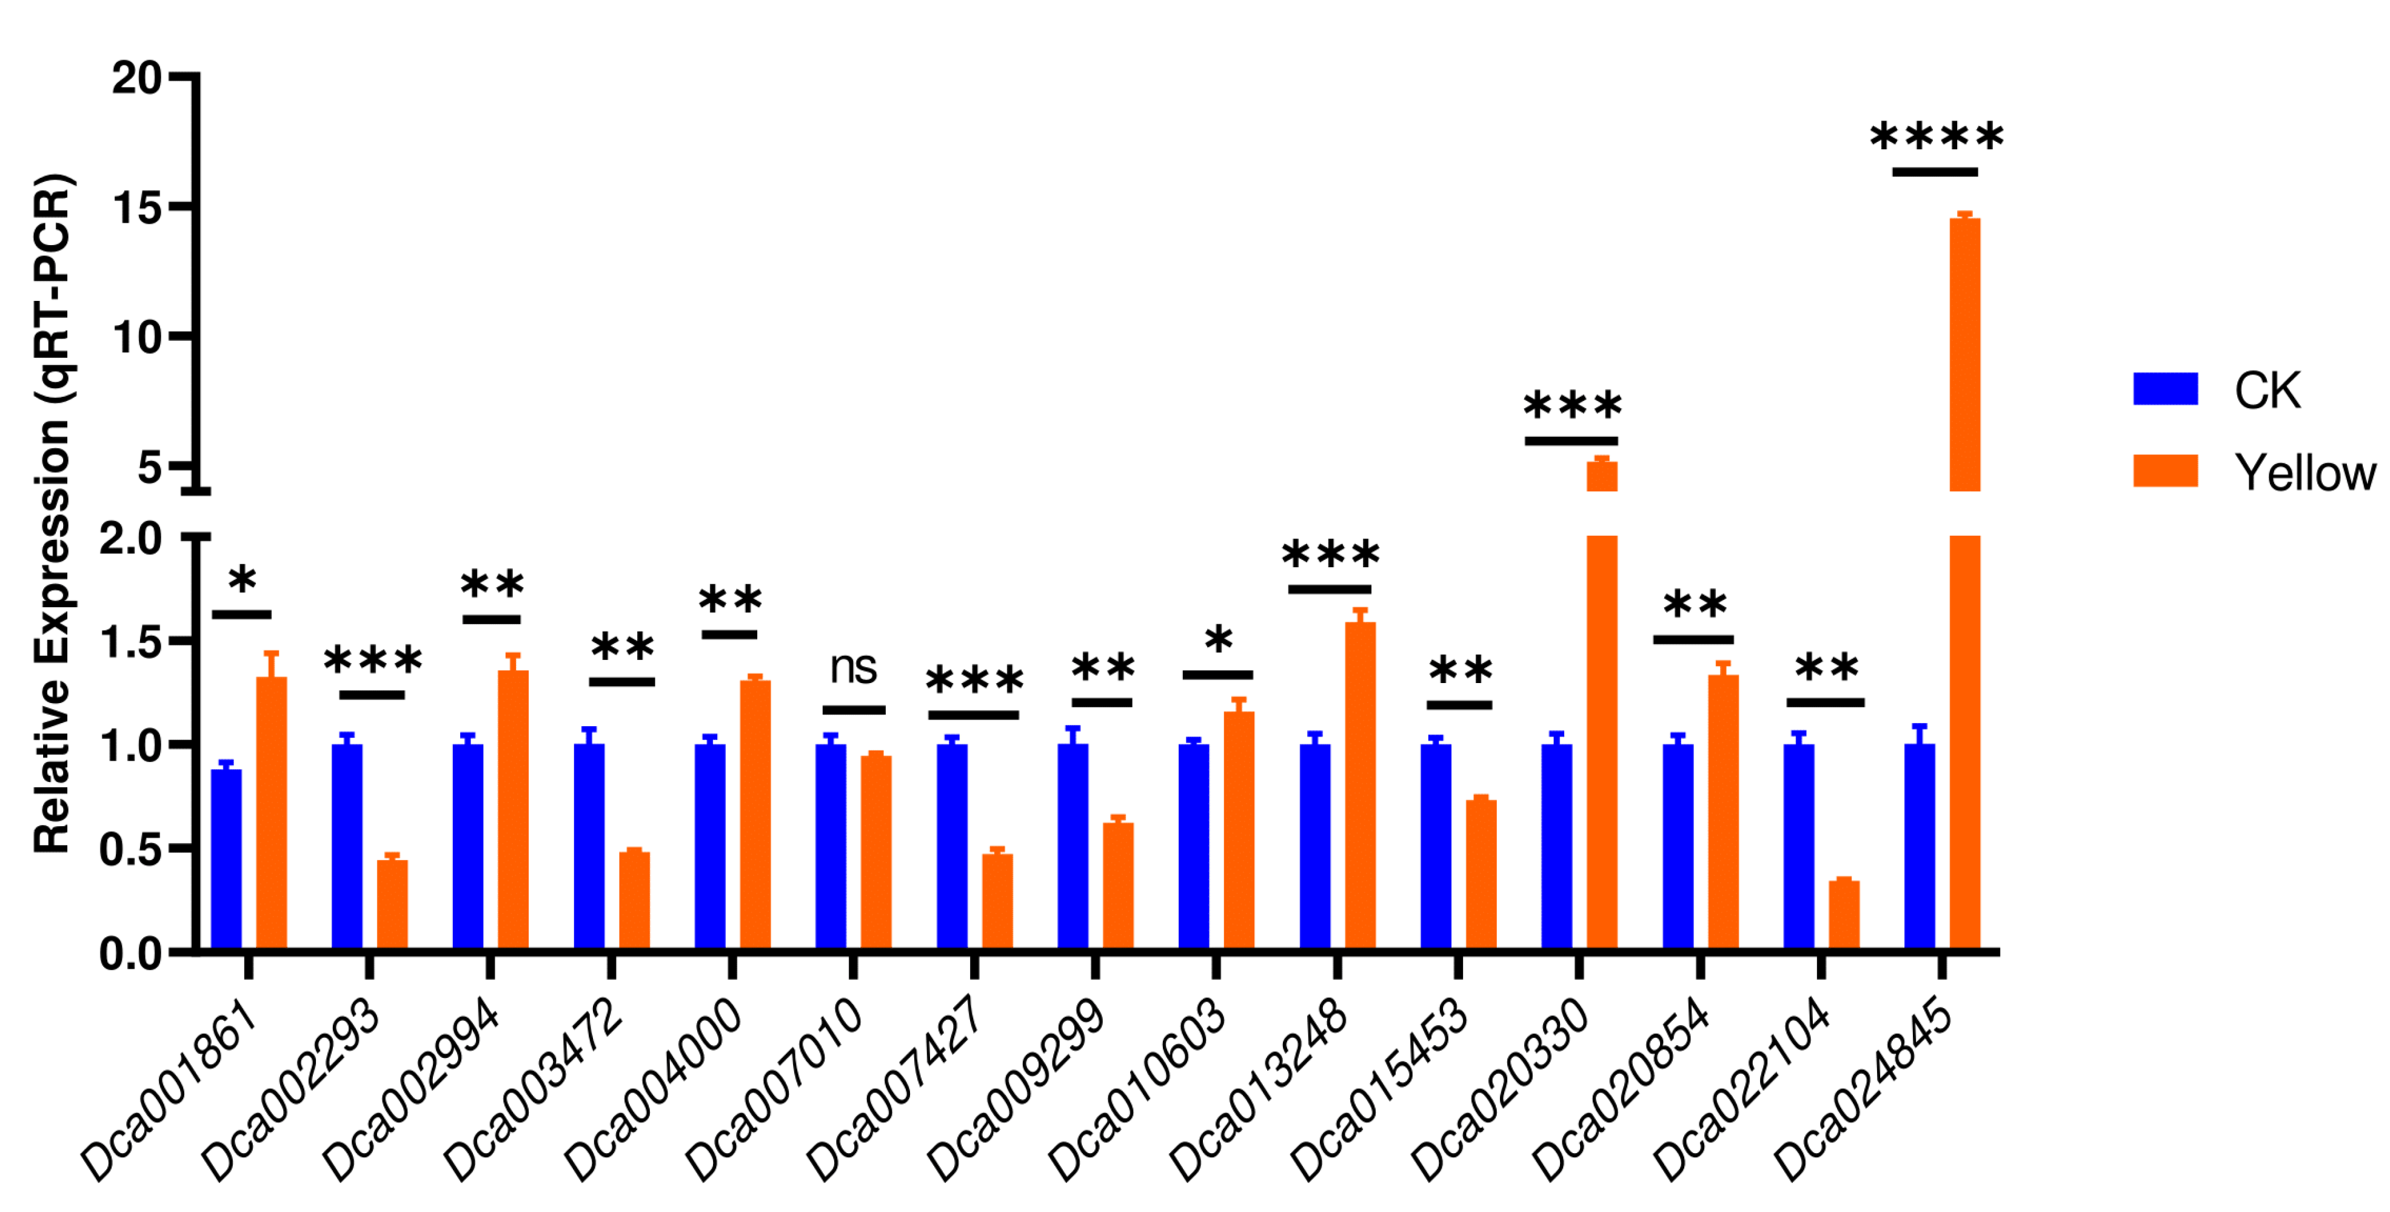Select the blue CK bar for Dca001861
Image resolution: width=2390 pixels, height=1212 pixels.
tap(226, 858)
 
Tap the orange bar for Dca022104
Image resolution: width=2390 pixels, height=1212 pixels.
tap(1844, 915)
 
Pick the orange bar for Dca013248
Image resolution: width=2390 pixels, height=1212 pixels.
tap(1360, 785)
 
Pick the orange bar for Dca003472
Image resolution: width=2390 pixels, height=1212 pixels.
tap(635, 900)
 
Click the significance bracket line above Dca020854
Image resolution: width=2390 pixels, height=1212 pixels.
tap(1693, 639)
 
